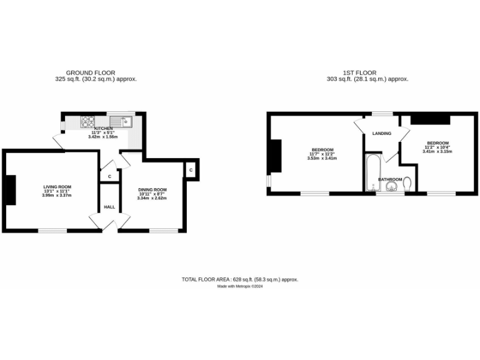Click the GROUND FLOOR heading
[91, 73]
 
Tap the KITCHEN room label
[103, 129]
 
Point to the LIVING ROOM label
[57, 187]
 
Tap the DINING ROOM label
[152, 190]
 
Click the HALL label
[109, 207]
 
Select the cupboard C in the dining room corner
[190, 170]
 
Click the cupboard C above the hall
[109, 177]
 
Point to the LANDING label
[381, 133]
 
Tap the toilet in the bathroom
[407, 184]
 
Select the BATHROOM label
[390, 179]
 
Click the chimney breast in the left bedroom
[274, 156]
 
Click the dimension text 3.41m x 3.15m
[436, 151]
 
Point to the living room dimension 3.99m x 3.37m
[57, 196]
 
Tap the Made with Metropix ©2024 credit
[240, 286]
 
